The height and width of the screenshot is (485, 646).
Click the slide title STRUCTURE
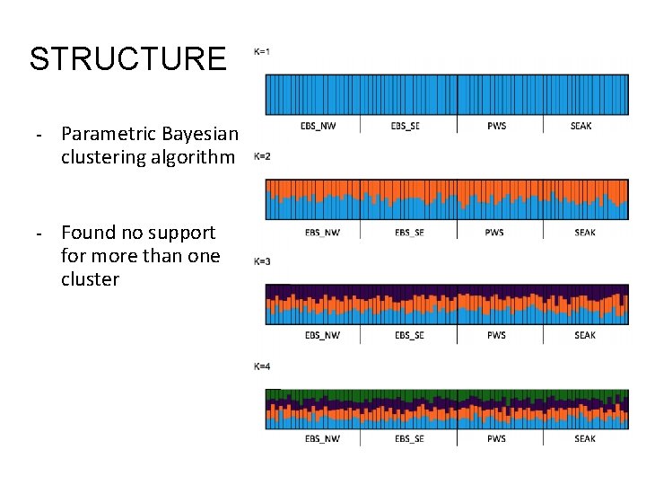(x=128, y=59)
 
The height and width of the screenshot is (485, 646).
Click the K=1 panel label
(x=263, y=51)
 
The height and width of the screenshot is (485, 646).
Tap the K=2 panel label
(x=263, y=157)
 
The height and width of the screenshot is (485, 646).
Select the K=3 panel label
(x=263, y=261)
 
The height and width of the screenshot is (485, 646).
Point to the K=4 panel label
(x=263, y=366)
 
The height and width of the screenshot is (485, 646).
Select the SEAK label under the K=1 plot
(x=581, y=126)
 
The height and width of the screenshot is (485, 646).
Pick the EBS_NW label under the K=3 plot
(x=322, y=336)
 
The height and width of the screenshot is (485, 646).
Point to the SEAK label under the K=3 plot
(x=584, y=336)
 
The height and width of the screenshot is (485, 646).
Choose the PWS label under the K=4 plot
(x=497, y=439)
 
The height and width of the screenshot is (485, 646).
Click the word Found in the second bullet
(x=88, y=233)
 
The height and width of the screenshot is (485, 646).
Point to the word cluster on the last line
(x=90, y=279)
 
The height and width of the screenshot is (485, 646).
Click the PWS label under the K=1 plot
(x=496, y=126)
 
